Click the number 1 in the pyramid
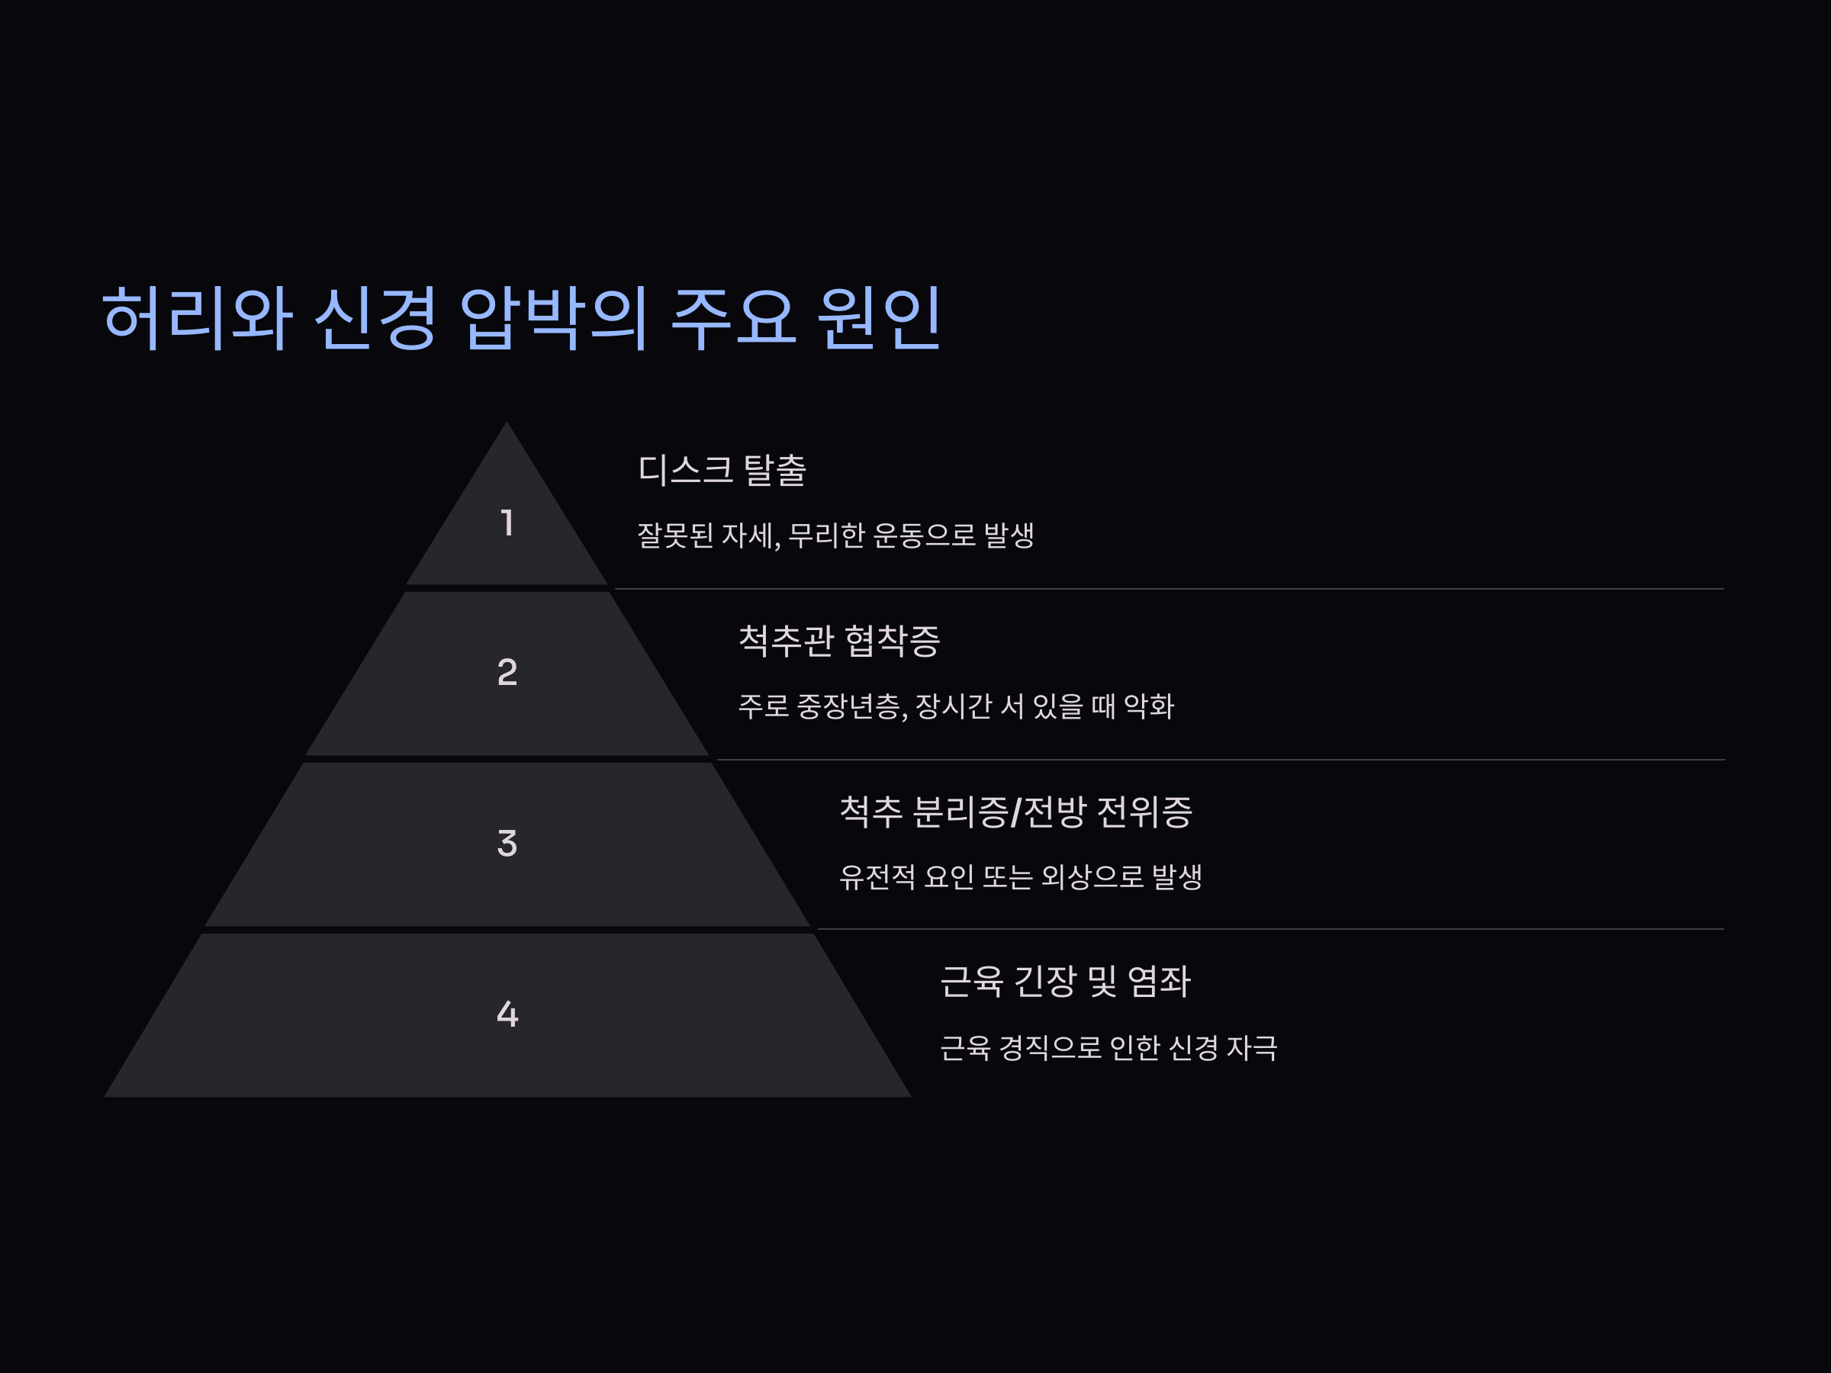pos(507,523)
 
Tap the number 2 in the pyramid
pos(507,672)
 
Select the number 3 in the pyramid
pos(507,844)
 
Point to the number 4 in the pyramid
pos(507,1014)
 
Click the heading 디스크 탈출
pos(722,470)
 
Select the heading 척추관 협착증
pos(838,641)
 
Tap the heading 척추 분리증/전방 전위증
pos(1015,812)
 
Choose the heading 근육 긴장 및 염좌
pos(1065,982)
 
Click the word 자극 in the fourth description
pos(1252,1048)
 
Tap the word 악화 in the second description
pos(1149,706)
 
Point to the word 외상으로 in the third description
pos(1092,876)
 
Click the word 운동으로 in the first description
pos(925,535)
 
